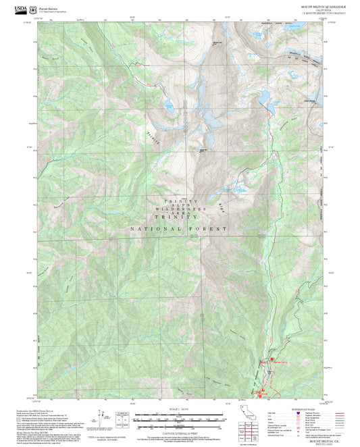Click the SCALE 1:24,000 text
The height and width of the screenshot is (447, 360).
(179, 409)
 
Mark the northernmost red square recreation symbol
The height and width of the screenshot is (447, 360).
(272, 359)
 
